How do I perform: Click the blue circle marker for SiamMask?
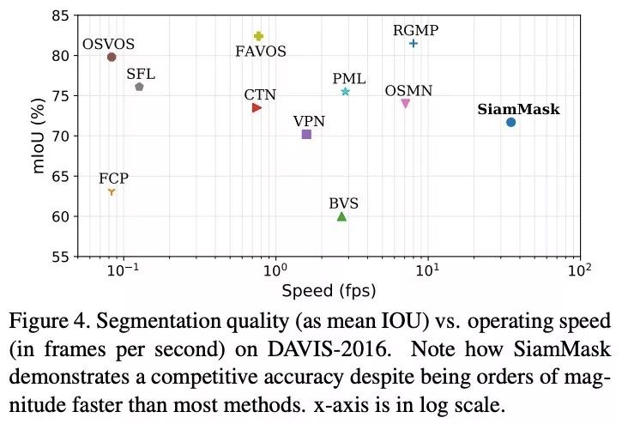510,123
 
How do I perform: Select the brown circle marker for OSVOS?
112,58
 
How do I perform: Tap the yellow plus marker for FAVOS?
258,36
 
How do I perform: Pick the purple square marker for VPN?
306,135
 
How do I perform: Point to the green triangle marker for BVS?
341,216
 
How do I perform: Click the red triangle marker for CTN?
257,108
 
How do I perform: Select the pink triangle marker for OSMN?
406,104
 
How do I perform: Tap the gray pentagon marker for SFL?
139,87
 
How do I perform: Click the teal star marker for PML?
345,92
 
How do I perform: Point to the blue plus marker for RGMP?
414,43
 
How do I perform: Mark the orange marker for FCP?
112,191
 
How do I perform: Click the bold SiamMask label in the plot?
518,110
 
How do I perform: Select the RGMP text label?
415,30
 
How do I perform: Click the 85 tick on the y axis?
60,16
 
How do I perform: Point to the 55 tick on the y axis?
60,257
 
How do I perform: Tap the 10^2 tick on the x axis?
580,272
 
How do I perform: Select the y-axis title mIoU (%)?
39,136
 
